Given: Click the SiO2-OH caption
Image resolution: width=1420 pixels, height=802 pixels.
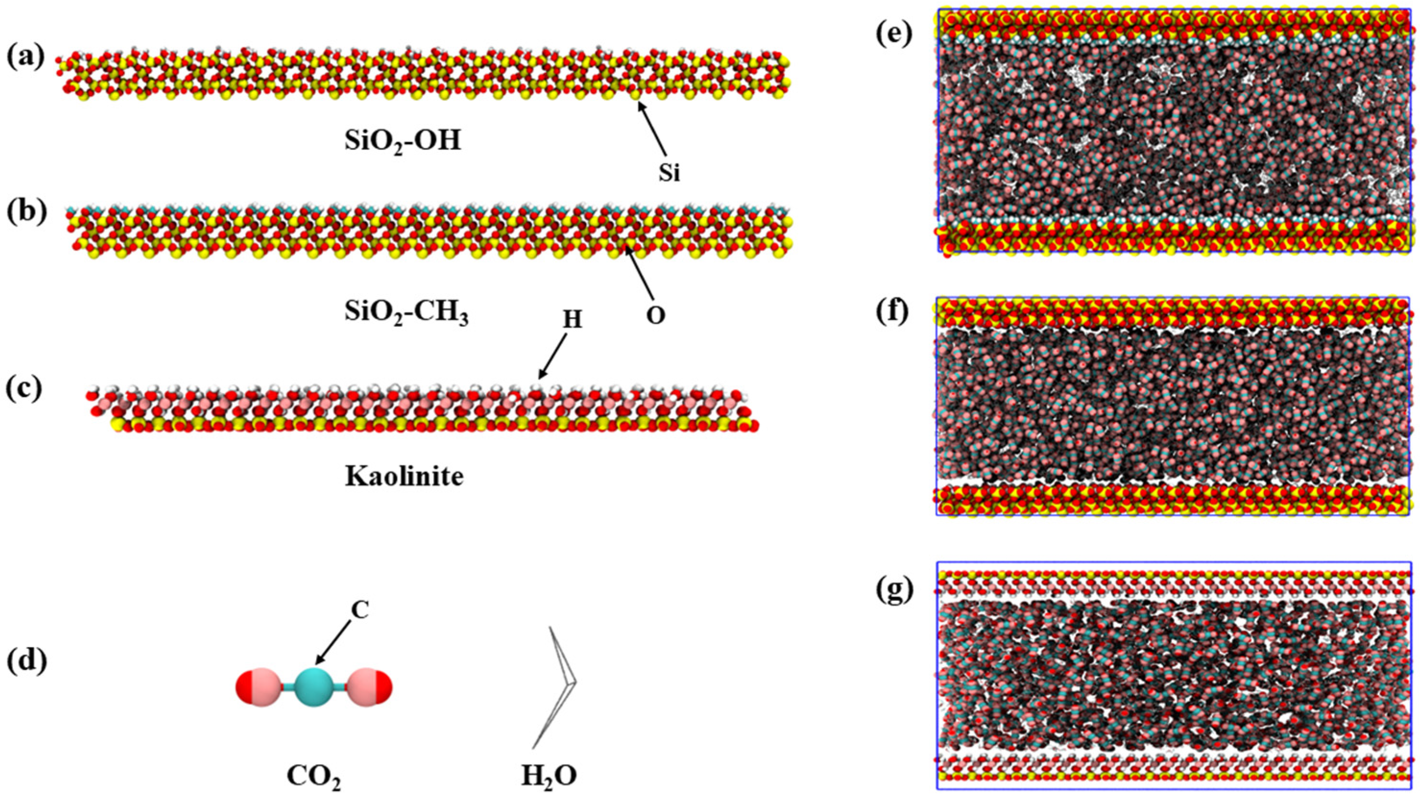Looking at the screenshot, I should click(402, 142).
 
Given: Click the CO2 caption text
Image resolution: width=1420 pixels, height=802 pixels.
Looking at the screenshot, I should click(313, 776).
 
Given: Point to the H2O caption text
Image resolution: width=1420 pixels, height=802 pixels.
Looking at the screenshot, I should click(549, 776).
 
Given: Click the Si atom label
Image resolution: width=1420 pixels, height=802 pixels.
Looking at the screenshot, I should click(669, 173).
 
